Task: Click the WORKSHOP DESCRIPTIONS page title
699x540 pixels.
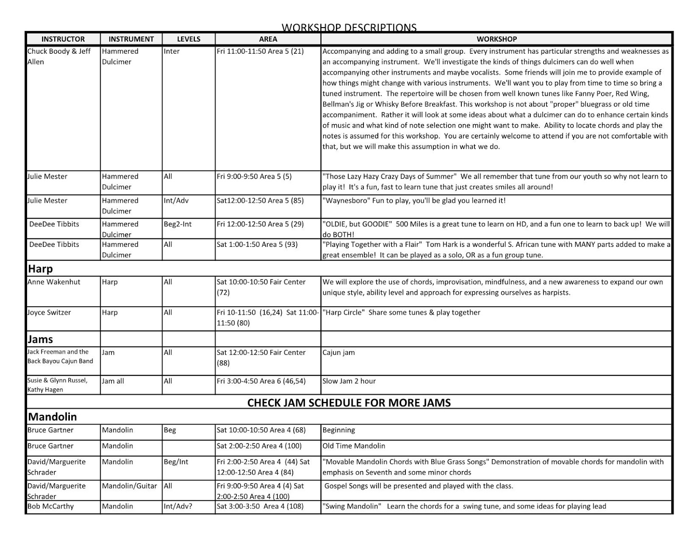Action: tap(349, 28)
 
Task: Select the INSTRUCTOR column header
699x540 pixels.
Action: tap(63, 39)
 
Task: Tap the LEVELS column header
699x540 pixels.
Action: tap(188, 39)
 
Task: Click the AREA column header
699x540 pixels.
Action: tap(268, 39)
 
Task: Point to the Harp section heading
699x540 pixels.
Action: tap(40, 268)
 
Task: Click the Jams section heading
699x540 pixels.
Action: tap(40, 339)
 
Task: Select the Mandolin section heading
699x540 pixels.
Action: tap(52, 416)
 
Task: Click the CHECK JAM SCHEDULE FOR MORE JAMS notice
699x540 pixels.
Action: tap(349, 402)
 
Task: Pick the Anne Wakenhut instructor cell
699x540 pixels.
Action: tap(54, 282)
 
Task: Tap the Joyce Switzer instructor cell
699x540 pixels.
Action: tap(49, 313)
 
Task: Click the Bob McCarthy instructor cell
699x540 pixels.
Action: tap(50, 506)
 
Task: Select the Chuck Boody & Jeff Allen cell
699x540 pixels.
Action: tap(59, 56)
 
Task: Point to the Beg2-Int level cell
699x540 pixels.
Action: tap(177, 224)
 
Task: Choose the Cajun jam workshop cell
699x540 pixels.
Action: tap(339, 353)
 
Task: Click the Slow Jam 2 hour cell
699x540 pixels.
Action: tap(349, 381)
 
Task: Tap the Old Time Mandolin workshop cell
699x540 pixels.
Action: tap(354, 446)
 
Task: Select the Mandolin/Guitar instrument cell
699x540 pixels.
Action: tap(129, 486)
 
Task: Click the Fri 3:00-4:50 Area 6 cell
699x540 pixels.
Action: tap(261, 381)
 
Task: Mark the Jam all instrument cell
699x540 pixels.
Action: tap(113, 381)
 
